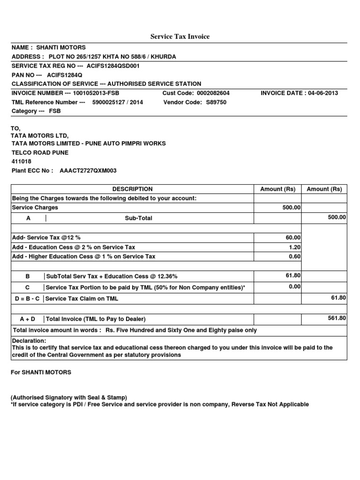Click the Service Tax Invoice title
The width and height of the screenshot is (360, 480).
pyautogui.click(x=180, y=36)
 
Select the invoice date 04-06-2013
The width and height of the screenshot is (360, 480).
pyautogui.click(x=322, y=93)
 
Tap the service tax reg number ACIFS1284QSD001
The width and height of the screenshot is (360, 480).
pyautogui.click(x=113, y=66)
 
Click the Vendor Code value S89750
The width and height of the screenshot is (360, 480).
pyautogui.click(x=216, y=102)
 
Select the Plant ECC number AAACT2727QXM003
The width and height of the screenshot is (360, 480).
pyautogui.click(x=88, y=171)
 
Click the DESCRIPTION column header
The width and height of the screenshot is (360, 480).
pyautogui.click(x=132, y=189)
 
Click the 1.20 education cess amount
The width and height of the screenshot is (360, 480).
pyautogui.click(x=295, y=247)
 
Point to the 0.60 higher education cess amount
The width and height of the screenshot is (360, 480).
pyautogui.click(x=295, y=256)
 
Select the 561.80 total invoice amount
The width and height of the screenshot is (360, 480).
pyautogui.click(x=337, y=318)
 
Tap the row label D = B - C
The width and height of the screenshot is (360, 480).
pyautogui.click(x=27, y=299)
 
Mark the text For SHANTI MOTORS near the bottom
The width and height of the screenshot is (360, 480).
pyautogui.click(x=41, y=372)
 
